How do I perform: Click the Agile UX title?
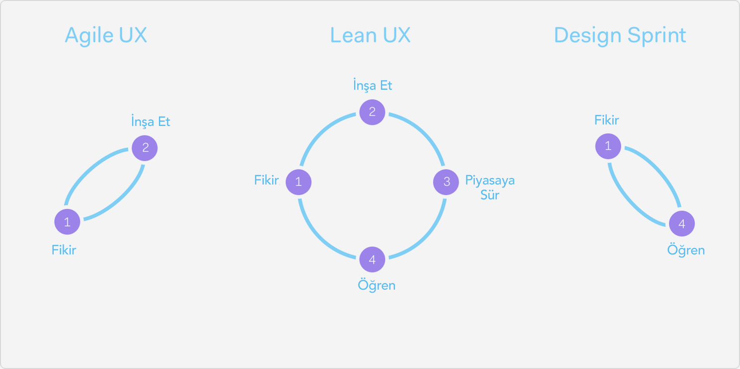tap(106, 36)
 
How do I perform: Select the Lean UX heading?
tap(370, 36)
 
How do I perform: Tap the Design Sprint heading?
tap(620, 36)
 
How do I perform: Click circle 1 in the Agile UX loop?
tap(67, 222)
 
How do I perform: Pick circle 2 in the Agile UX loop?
tap(145, 148)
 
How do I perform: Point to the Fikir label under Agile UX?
tap(64, 250)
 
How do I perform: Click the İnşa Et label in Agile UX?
tap(150, 122)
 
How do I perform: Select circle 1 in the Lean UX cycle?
tap(298, 182)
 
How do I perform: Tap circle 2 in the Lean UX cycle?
tap(372, 112)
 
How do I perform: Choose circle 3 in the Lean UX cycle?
tap(446, 182)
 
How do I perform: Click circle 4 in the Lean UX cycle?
tap(372, 259)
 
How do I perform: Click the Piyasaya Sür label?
tap(490, 187)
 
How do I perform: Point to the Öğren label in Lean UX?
tap(376, 286)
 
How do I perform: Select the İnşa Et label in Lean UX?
tap(372, 85)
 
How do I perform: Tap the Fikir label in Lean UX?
tap(267, 180)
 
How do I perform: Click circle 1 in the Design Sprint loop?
tap(608, 146)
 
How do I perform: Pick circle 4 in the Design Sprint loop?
tap(681, 224)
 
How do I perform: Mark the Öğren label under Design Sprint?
tap(686, 250)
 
